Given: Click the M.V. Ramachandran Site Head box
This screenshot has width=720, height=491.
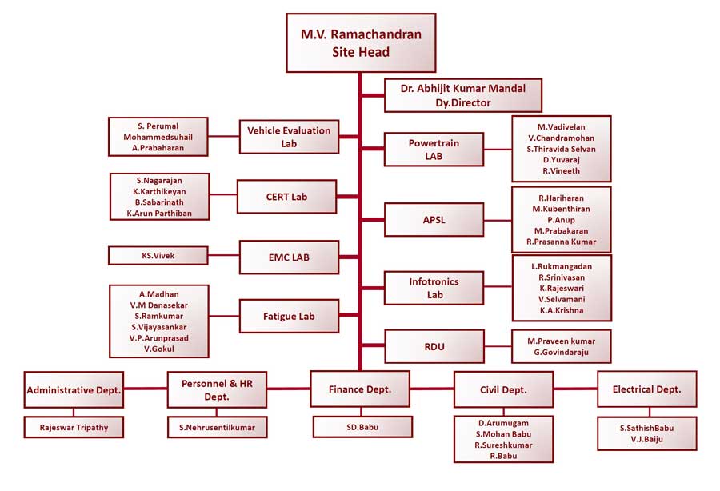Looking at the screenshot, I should tap(361, 43).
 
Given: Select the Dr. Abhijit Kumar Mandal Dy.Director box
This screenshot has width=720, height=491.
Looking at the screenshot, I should tap(463, 95).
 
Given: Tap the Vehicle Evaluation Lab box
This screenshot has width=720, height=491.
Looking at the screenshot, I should tap(289, 137).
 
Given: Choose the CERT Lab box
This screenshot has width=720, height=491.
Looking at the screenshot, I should tap(286, 196).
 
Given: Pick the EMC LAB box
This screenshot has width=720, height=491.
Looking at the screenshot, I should tap(288, 257).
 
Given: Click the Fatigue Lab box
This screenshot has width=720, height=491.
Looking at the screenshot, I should tap(289, 316).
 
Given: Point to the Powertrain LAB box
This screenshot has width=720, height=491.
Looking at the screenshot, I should tap(434, 150).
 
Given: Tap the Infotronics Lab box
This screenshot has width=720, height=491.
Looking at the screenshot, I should tap(434, 288).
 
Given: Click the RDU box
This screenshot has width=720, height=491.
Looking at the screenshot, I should tap(434, 347).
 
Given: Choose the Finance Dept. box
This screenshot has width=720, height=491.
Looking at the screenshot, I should tap(360, 389).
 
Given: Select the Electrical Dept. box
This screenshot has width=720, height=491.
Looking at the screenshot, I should tap(646, 389).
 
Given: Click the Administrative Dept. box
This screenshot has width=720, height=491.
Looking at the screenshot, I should tap(74, 390).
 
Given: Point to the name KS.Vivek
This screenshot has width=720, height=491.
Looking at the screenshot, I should tap(158, 256).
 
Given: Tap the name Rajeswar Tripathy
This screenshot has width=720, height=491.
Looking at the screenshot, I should tap(74, 428).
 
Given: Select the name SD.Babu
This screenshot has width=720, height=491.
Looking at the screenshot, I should tap(359, 427).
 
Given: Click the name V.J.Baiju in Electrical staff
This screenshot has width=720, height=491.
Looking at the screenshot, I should tap(646, 439).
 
